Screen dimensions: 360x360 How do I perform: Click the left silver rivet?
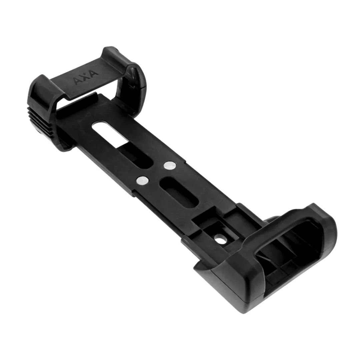click(x=142, y=180)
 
